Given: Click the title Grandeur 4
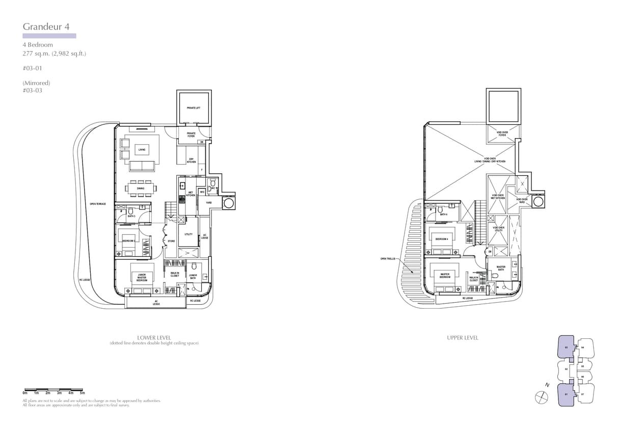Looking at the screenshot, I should [x=46, y=26].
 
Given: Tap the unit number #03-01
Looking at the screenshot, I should [x=32, y=68].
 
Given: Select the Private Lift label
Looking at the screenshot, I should [x=193, y=108].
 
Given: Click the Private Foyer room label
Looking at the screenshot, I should [x=191, y=135].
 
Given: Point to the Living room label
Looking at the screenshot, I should [x=141, y=150].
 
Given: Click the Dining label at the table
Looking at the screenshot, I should [x=140, y=189].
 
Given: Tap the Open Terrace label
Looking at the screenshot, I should [x=98, y=204].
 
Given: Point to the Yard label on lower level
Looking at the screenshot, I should [x=209, y=202].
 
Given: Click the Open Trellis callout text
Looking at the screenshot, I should [x=388, y=258].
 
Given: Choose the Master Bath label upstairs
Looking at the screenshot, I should [x=501, y=267].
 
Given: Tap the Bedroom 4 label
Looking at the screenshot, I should [x=441, y=239].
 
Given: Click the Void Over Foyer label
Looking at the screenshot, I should [x=503, y=133].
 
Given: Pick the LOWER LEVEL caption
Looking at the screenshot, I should [x=154, y=338].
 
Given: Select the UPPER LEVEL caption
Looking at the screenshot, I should [x=463, y=338].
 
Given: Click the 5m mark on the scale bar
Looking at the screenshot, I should [x=82, y=393].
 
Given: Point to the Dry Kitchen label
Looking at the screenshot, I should [x=191, y=161].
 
